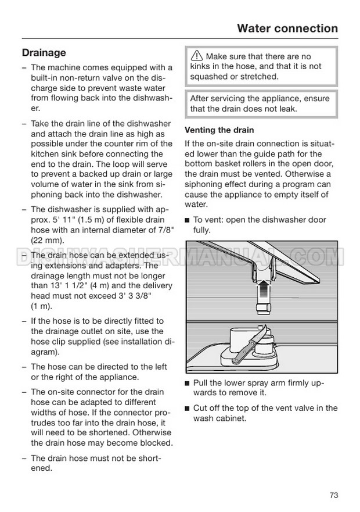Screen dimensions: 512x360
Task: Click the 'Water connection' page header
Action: pyautogui.click(x=287, y=28)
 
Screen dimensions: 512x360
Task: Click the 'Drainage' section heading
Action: pyautogui.click(x=44, y=53)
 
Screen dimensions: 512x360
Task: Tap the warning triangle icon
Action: pyautogui.click(x=197, y=56)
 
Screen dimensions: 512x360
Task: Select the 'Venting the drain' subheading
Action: pyautogui.click(x=219, y=130)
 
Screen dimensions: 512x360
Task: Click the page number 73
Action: pyautogui.click(x=333, y=495)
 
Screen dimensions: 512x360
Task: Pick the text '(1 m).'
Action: pyautogui.click(x=42, y=306)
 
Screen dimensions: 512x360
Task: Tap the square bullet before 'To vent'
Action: pyautogui.click(x=187, y=220)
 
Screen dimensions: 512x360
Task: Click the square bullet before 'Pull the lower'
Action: pyautogui.click(x=187, y=383)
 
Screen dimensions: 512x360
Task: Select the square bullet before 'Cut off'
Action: pyautogui.click(x=187, y=408)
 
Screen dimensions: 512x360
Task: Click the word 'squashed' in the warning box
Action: pyautogui.click(x=208, y=76)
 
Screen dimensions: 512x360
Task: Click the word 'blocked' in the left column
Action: pyautogui.click(x=157, y=443)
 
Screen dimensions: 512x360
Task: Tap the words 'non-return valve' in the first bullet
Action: pyautogui.click(x=95, y=77)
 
